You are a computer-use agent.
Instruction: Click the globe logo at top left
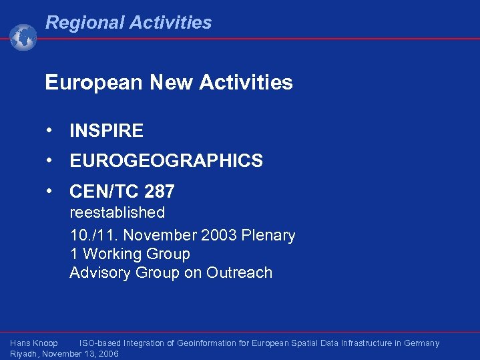pyautogui.click(x=23, y=37)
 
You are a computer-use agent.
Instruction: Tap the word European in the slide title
pyautogui.click(x=94, y=83)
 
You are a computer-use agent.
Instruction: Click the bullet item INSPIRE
pyautogui.click(x=106, y=131)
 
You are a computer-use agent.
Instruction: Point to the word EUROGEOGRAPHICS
pyautogui.click(x=166, y=161)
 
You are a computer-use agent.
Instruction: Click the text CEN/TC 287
pyautogui.click(x=122, y=192)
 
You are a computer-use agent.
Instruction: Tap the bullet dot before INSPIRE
pyautogui.click(x=50, y=130)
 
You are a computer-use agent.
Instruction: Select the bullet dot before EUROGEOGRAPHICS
pyautogui.click(x=50, y=160)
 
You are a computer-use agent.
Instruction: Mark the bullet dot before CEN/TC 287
pyautogui.click(x=50, y=190)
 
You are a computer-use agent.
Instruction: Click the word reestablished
pyautogui.click(x=117, y=213)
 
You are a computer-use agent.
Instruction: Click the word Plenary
pyautogui.click(x=270, y=236)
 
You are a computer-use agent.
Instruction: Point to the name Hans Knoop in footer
pyautogui.click(x=34, y=343)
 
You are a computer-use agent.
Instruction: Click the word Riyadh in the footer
pyautogui.click(x=25, y=354)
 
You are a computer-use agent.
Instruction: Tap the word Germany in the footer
pyautogui.click(x=420, y=343)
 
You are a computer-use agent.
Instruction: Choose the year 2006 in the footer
pyautogui.click(x=107, y=354)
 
